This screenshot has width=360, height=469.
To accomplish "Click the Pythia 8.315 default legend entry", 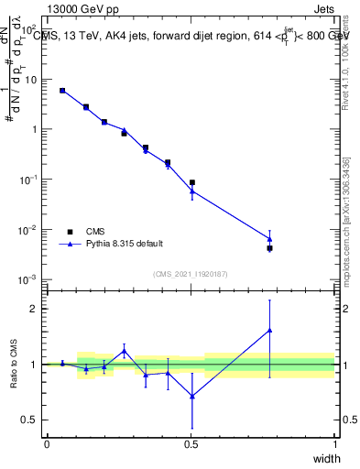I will click(x=125, y=244).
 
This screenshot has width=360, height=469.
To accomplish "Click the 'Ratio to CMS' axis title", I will click(x=14, y=364).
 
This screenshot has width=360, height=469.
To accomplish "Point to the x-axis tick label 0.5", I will click(x=191, y=443).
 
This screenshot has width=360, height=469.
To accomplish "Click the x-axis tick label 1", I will click(x=335, y=443).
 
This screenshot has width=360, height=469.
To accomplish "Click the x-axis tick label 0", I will click(x=47, y=443).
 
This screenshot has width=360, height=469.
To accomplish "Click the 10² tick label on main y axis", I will click(x=30, y=29).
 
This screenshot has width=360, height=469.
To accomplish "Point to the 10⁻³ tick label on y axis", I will click(x=30, y=278).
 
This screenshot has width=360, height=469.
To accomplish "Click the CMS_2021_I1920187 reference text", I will click(x=191, y=273).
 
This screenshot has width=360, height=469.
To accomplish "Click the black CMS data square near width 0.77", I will click(x=269, y=248).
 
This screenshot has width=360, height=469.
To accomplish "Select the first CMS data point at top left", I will click(x=62, y=91).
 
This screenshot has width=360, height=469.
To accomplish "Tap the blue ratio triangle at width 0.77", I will click(x=269, y=330).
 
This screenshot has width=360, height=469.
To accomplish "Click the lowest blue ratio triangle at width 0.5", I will click(x=191, y=396).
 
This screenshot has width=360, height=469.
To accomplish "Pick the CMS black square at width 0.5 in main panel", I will click(x=191, y=183).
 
